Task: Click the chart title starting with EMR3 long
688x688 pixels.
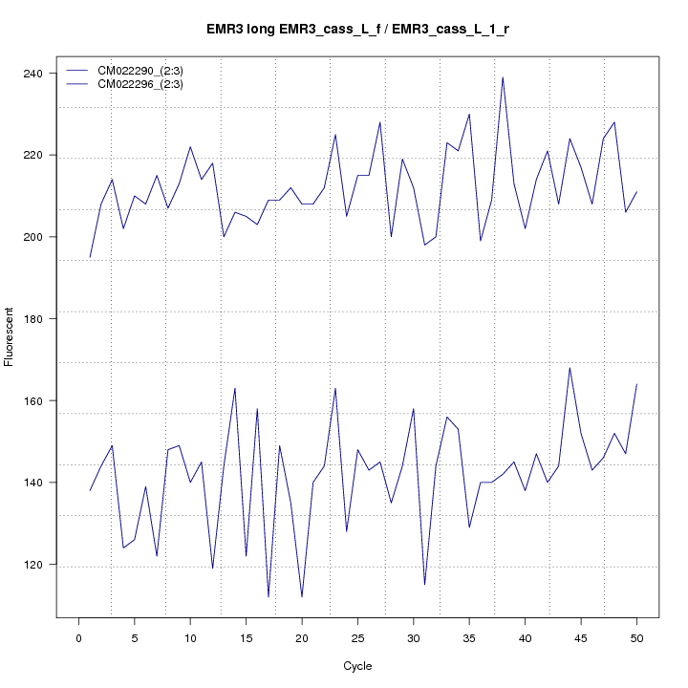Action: point(357,30)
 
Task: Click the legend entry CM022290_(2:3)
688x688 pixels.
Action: point(147,71)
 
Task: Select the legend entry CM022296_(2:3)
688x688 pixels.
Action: point(147,84)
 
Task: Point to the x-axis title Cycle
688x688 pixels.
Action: point(356,666)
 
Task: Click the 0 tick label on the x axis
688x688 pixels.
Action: point(79,638)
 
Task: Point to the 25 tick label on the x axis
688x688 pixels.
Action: point(357,638)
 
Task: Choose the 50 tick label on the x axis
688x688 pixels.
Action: point(636,638)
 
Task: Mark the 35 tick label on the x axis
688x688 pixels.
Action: point(469,638)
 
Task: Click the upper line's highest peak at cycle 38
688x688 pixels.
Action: point(503,77)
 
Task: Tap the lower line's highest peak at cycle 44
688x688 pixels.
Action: point(570,368)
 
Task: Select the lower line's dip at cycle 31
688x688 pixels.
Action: point(424,585)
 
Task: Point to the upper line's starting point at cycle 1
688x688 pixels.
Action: point(90,257)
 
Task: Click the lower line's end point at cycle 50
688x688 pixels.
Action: point(636,384)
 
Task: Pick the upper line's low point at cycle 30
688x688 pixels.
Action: point(424,246)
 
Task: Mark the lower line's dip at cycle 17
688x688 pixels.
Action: point(269,597)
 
